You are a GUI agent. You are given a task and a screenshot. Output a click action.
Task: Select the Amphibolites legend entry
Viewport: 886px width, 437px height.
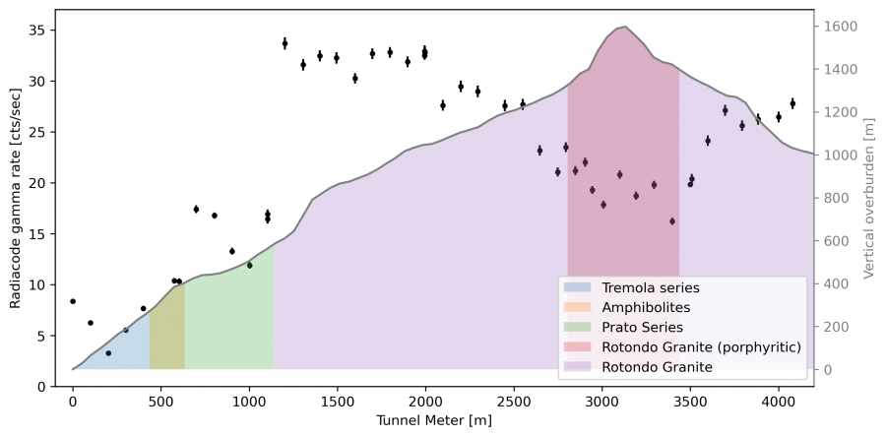coord(646,307)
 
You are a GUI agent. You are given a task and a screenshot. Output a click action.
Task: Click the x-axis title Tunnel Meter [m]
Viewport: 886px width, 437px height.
coord(434,421)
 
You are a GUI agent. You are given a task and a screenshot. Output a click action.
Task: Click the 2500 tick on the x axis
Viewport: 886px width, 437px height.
coord(514,402)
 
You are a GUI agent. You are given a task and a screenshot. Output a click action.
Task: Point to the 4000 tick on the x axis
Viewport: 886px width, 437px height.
coord(779,402)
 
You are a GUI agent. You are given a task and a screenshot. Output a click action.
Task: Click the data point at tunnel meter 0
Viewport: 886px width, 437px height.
coord(73,301)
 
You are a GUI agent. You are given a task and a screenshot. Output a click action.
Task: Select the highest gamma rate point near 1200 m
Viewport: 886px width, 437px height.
coord(285,43)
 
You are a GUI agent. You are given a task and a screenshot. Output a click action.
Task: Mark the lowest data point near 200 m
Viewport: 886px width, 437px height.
coord(108,352)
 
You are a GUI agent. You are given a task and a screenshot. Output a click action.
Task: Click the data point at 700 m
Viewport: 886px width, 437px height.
coord(196,209)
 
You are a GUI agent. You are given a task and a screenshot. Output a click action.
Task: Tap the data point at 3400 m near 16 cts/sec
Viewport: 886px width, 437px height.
coord(672,221)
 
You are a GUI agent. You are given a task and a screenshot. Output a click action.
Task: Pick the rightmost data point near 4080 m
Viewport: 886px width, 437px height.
coord(792,102)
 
